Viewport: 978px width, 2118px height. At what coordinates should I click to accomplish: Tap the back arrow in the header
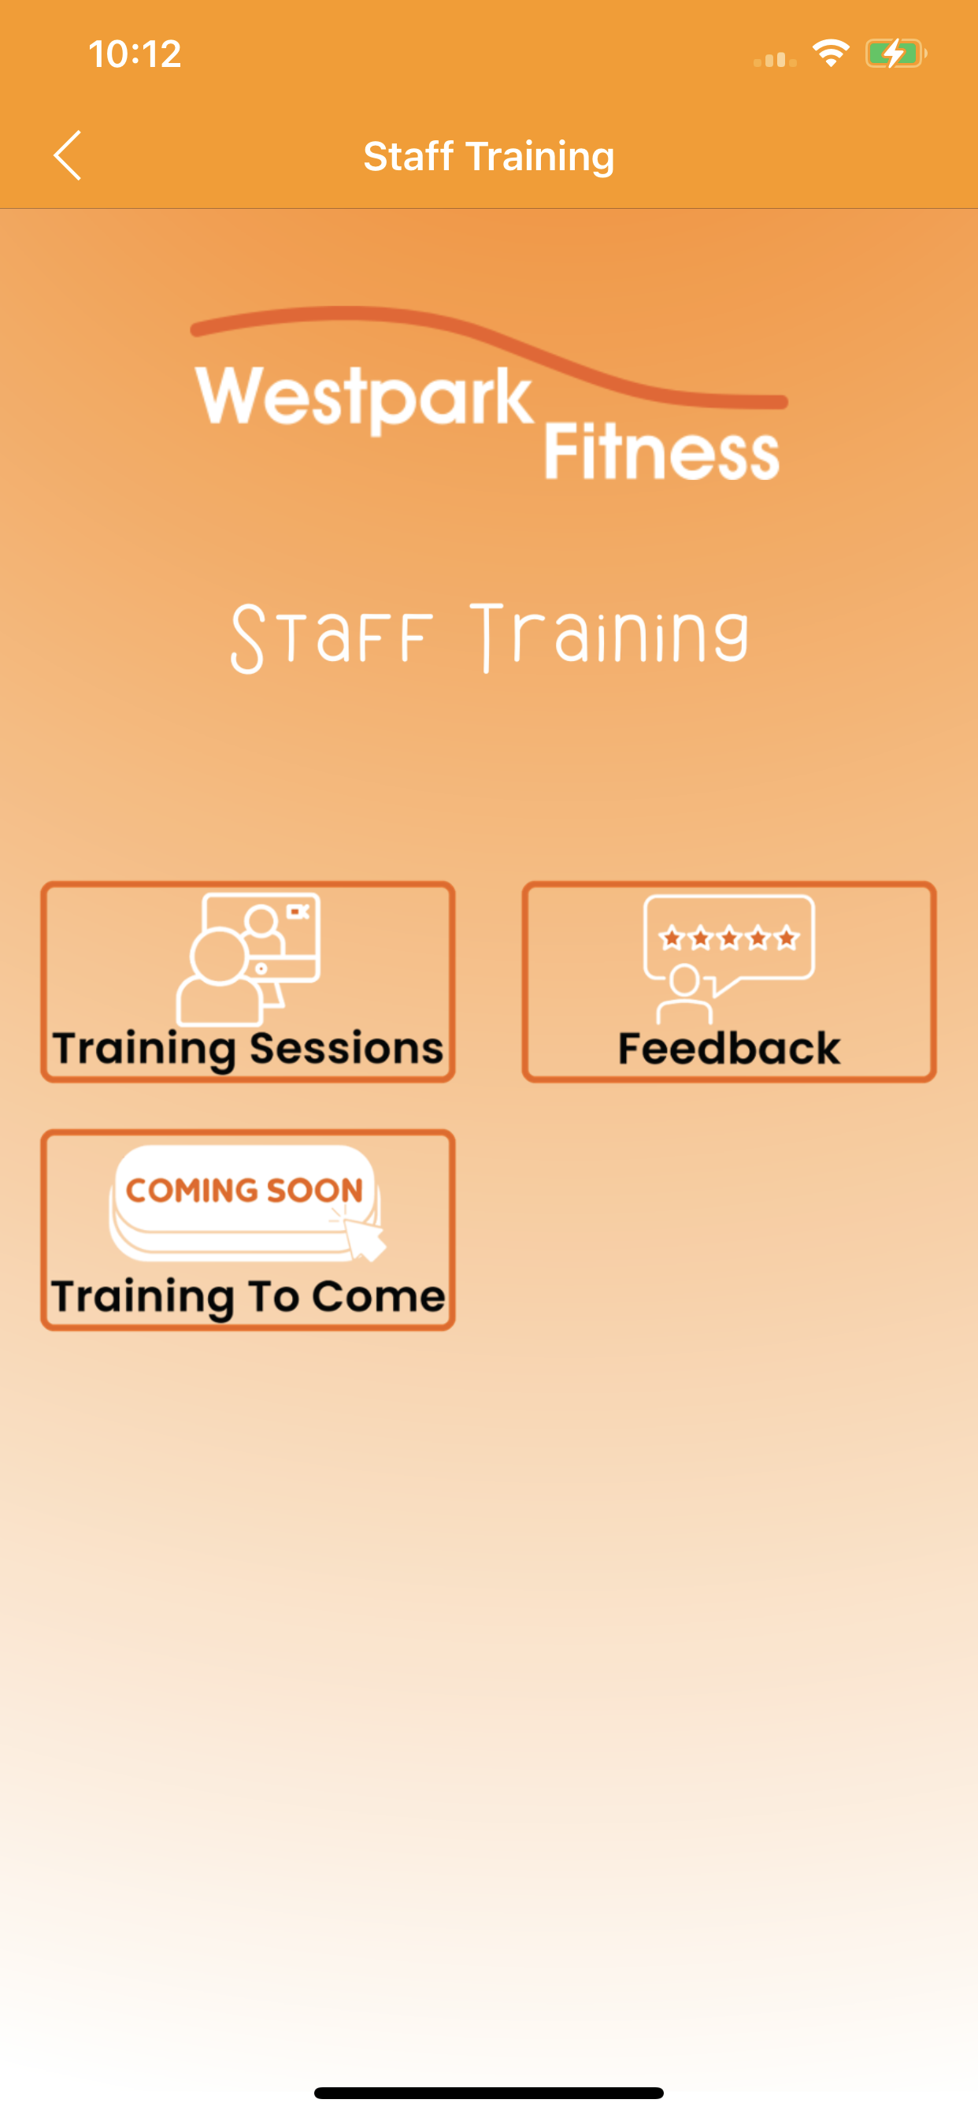68,155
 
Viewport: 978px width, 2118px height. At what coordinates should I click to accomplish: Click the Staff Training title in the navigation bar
489,156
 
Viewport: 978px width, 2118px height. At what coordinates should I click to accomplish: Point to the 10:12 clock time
135,54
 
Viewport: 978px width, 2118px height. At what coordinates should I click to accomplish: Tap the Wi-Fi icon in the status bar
831,54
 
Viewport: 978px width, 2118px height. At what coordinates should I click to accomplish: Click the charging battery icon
896,54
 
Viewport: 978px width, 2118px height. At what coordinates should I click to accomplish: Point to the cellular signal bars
775,58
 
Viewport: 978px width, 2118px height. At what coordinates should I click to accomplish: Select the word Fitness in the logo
661,451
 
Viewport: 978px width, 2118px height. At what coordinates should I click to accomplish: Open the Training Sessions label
247,1048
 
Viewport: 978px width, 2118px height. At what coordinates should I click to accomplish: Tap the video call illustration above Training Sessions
248,959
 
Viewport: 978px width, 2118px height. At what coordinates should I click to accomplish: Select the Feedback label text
729,1048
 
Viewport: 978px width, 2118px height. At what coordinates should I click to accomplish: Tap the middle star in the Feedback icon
729,938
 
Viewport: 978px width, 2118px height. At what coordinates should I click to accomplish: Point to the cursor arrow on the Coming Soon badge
363,1237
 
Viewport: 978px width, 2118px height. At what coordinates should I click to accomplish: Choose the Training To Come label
248,1297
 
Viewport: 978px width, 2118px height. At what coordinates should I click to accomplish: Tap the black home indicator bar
489,2093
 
